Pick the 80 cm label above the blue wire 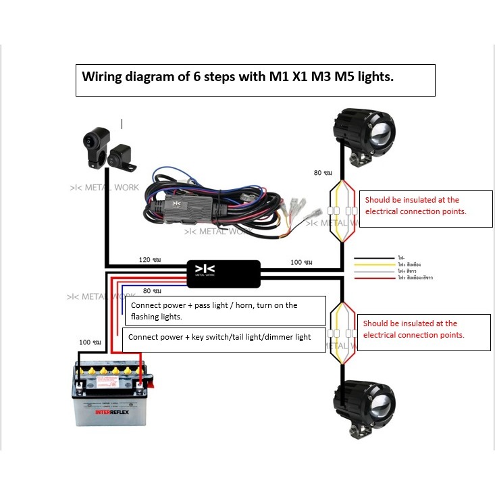pyautogui.click(x=152, y=291)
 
